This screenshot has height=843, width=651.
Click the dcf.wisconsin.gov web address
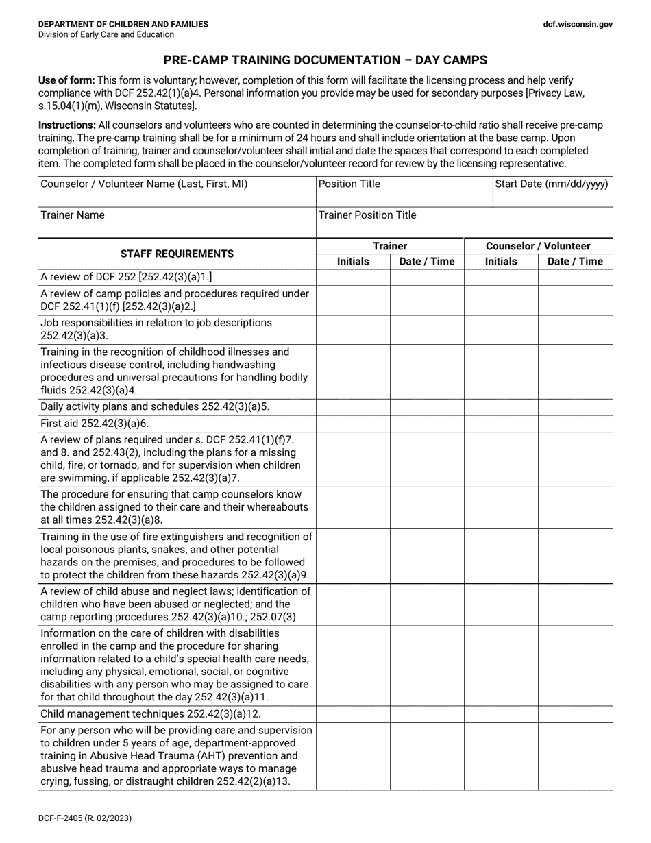(x=578, y=24)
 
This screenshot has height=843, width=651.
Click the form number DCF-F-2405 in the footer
(x=85, y=818)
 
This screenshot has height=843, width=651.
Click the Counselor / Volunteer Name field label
(x=144, y=184)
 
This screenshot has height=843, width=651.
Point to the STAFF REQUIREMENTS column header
(x=177, y=254)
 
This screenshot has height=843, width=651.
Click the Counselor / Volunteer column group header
(x=538, y=246)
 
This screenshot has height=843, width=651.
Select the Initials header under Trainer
(x=353, y=261)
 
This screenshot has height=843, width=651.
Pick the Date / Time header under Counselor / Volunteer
(x=575, y=261)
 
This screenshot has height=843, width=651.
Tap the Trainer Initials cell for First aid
(x=353, y=424)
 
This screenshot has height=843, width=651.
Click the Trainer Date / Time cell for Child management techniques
(x=427, y=714)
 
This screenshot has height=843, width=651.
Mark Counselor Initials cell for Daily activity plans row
(x=501, y=406)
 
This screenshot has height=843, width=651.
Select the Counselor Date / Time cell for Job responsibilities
(x=575, y=329)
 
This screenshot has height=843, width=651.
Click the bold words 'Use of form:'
(x=66, y=80)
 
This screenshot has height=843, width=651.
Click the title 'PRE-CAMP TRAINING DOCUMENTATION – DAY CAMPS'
(x=325, y=60)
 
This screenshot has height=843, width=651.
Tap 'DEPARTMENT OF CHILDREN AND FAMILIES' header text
(x=123, y=24)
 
